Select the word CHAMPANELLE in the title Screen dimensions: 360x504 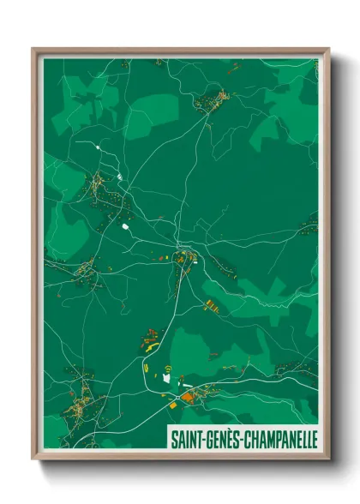[x=279, y=439]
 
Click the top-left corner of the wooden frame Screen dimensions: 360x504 [x=33, y=49]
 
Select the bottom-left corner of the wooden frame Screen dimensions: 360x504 [x=33, y=459]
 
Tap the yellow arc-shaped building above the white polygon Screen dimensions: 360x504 [x=168, y=368]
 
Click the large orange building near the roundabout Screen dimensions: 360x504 [x=186, y=397]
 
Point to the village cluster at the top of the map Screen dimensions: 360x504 [x=209, y=104]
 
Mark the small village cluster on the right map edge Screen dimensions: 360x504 [x=309, y=226]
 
